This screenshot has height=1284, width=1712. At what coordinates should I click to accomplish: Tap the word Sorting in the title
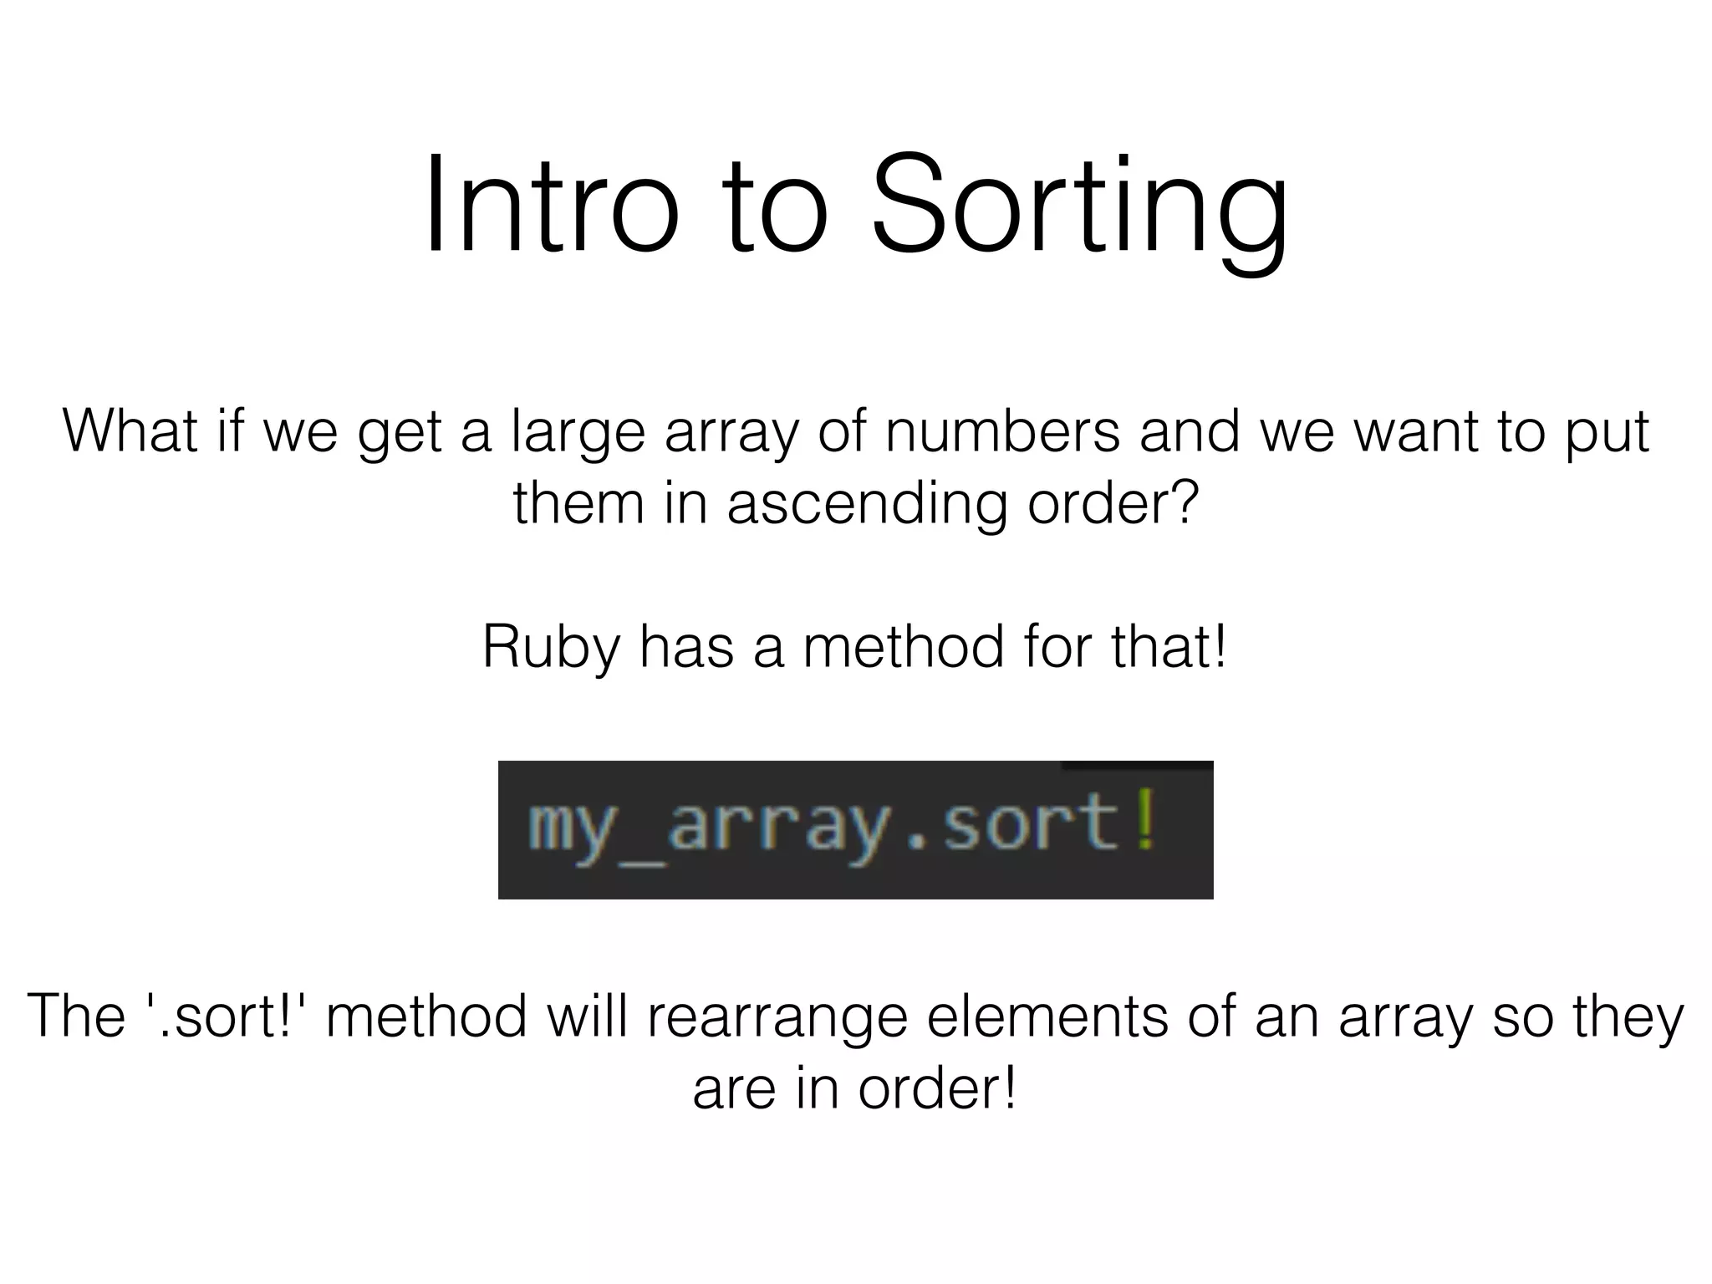point(1079,209)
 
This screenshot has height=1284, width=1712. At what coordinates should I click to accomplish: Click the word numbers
point(1002,431)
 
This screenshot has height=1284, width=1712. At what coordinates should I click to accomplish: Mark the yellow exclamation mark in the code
point(1146,823)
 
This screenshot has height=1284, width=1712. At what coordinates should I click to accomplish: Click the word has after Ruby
point(686,647)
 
